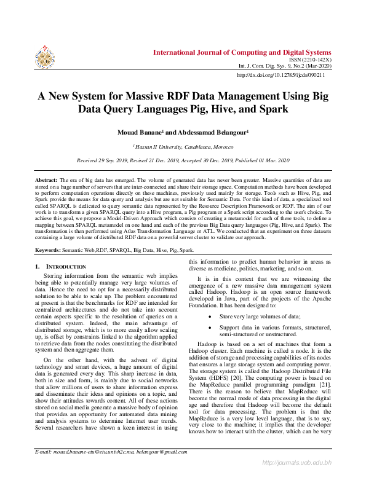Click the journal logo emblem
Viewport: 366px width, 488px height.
point(45,57)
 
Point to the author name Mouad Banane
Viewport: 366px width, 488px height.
point(141,132)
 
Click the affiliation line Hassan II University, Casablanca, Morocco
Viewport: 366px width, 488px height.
point(183,147)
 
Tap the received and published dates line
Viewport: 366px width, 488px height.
point(183,160)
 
